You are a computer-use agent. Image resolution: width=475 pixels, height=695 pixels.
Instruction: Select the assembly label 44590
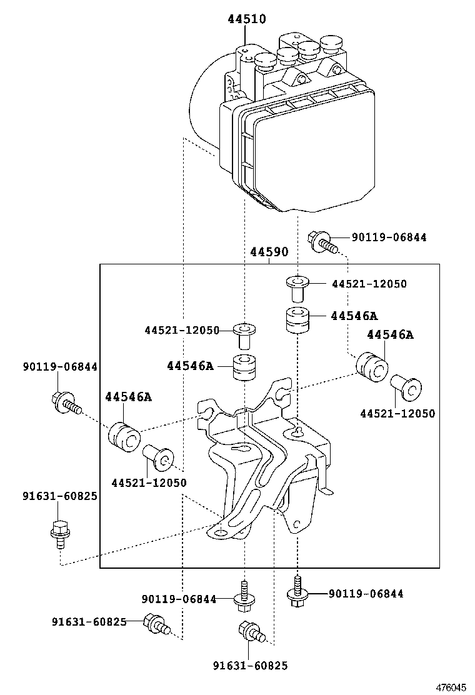coord(269,252)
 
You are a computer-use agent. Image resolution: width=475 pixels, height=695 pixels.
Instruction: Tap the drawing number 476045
coord(451,687)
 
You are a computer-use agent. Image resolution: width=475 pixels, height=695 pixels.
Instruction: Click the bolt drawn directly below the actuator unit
coord(321,241)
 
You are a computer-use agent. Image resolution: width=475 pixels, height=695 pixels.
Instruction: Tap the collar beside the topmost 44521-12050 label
coord(297,287)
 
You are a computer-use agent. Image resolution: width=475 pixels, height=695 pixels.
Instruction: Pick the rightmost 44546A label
coord(390,335)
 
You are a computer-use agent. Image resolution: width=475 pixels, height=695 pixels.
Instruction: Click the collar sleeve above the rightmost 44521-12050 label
coord(406,388)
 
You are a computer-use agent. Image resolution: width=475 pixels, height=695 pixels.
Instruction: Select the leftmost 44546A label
coord(128,397)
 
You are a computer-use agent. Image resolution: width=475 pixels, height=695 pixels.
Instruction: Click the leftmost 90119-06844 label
coord(60,367)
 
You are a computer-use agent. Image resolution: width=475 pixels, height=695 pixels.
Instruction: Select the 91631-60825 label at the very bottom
coord(250,666)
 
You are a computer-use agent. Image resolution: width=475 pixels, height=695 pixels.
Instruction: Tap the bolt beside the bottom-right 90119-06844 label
coord(298,592)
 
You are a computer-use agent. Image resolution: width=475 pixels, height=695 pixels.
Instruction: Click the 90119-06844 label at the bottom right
coord(366,594)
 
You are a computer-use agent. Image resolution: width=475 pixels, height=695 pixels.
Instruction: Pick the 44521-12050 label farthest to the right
coord(397,413)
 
